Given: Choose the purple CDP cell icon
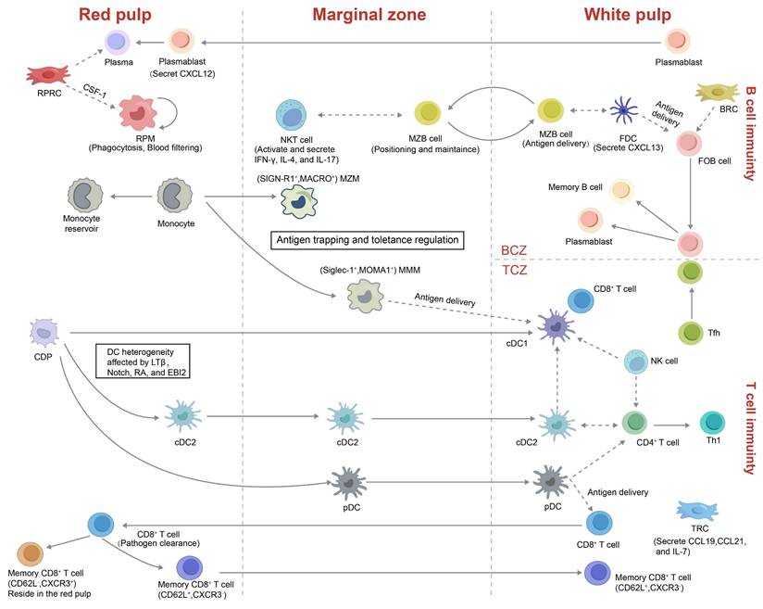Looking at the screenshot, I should [44, 331].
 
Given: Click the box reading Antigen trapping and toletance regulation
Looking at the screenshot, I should [367, 239].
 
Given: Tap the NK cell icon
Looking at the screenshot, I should [635, 362].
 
